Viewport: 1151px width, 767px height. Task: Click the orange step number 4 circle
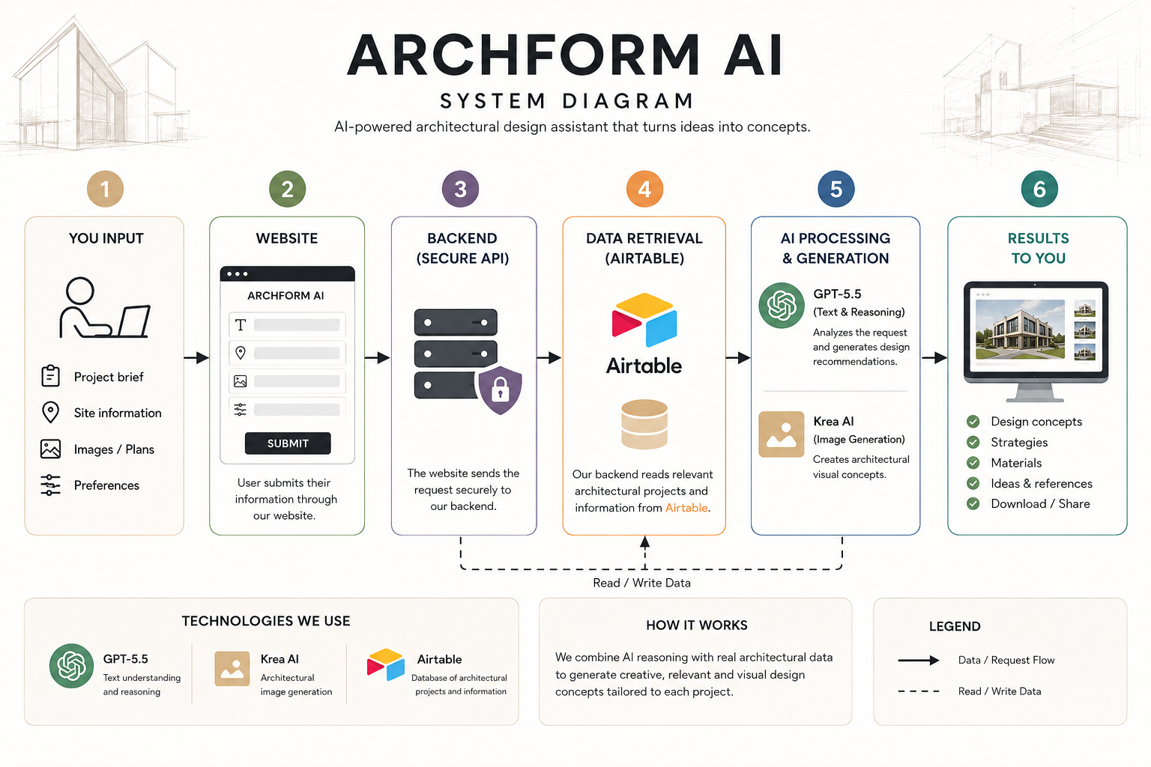(x=644, y=189)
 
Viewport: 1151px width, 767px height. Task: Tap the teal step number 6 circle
(x=1039, y=189)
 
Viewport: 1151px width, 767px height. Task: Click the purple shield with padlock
(x=500, y=390)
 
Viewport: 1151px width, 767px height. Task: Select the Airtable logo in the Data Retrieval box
(x=644, y=320)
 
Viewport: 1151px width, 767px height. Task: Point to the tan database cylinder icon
(x=644, y=425)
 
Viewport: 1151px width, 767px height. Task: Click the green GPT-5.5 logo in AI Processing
(x=781, y=306)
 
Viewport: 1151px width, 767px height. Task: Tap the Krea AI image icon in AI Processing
(x=781, y=434)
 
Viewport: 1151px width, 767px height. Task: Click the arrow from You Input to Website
(x=196, y=357)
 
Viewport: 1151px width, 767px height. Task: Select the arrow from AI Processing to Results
(x=934, y=357)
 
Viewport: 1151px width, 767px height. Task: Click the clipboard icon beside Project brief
(x=50, y=375)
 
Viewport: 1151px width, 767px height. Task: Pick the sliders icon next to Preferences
(x=50, y=485)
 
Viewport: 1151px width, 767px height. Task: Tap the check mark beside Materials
(x=973, y=463)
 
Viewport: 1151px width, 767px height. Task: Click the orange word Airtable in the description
(x=686, y=508)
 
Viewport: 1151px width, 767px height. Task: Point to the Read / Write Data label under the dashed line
(x=641, y=583)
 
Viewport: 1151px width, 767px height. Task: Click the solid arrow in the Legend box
(x=919, y=660)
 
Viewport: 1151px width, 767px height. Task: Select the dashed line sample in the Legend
(x=919, y=691)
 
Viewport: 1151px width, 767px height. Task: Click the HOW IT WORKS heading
(x=697, y=625)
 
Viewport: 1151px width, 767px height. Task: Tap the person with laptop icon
(x=105, y=308)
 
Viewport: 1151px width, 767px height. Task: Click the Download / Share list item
(x=1040, y=504)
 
